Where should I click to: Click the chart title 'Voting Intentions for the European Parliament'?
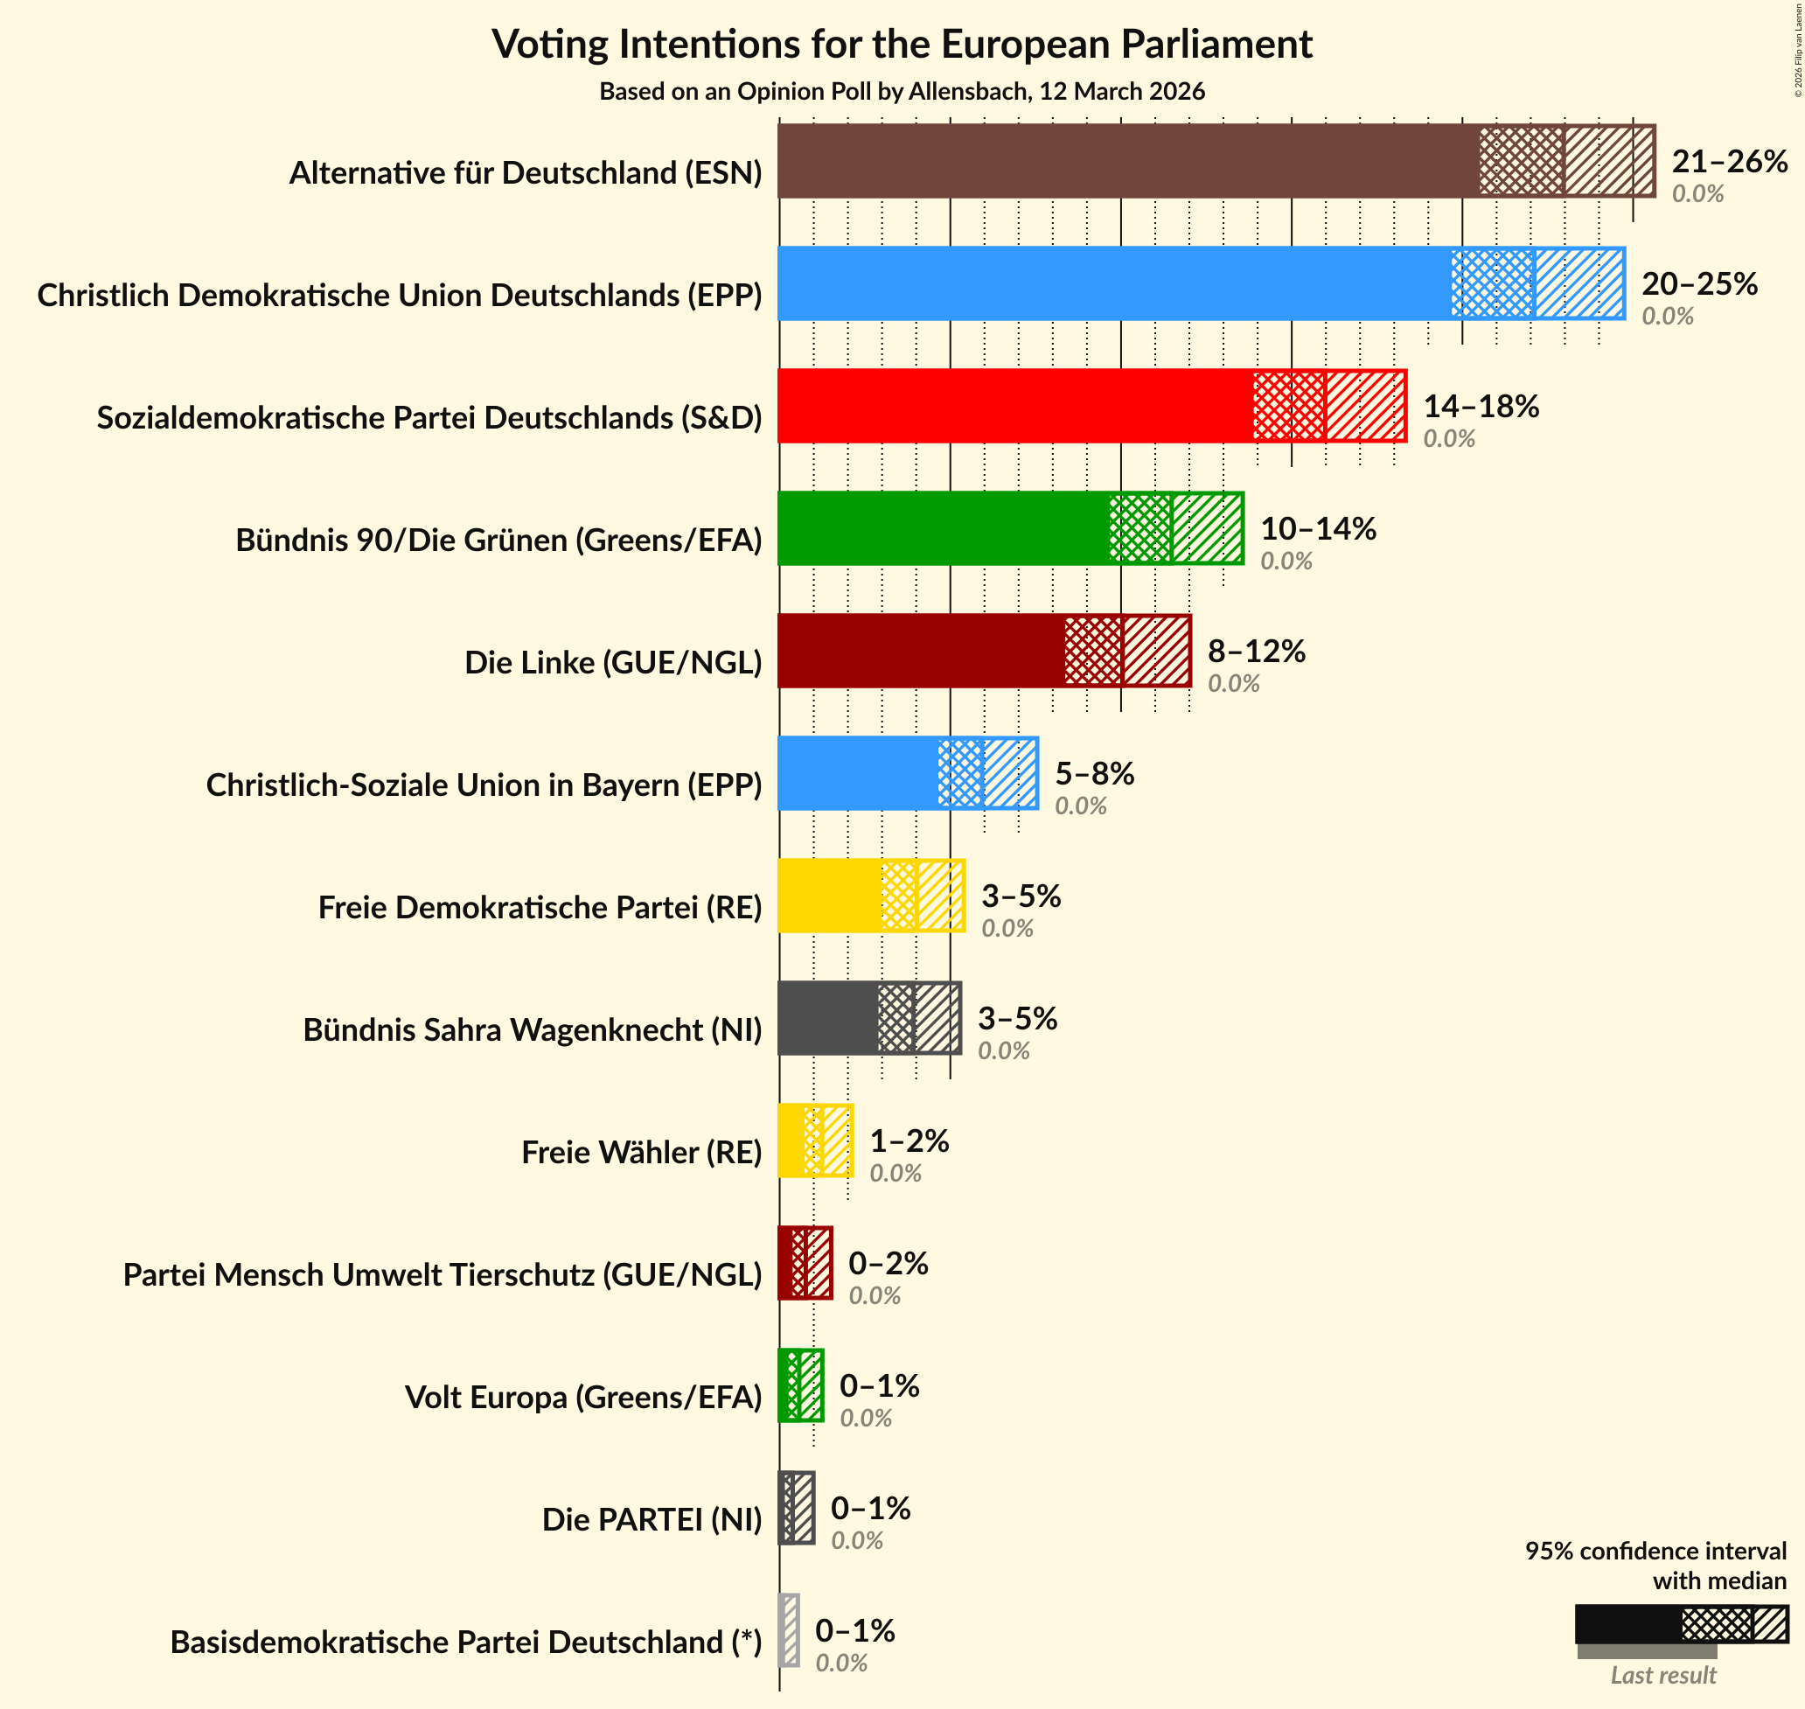[x=902, y=44]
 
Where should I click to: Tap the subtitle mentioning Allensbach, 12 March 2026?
[x=902, y=91]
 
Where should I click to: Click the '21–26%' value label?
[x=1729, y=161]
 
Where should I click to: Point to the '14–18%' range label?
[x=1481, y=407]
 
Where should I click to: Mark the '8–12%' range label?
[x=1256, y=651]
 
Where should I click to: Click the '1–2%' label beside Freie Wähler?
[x=909, y=1140]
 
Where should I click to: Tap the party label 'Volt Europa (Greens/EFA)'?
[x=582, y=1397]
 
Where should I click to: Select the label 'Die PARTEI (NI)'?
[x=652, y=1519]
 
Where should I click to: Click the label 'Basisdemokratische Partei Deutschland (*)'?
[x=465, y=1642]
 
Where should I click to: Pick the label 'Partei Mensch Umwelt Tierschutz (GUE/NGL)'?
[x=442, y=1274]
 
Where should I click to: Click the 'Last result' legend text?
[x=1663, y=1674]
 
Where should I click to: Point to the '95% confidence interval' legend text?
[x=1655, y=1551]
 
